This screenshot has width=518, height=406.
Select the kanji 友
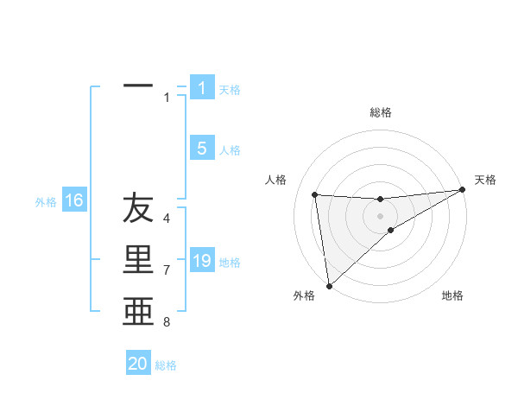point(138,209)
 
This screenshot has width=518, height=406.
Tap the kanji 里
point(138,260)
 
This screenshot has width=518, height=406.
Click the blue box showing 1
point(202,87)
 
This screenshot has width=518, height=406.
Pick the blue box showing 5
point(202,149)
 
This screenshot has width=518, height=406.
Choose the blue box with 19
point(202,260)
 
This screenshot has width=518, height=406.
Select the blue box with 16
point(74,200)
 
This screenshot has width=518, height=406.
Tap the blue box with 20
point(138,364)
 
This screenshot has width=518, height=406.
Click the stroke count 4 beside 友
point(167,219)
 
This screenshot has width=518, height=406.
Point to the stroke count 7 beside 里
point(167,270)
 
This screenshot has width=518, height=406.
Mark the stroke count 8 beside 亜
point(167,322)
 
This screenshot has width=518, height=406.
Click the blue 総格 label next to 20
point(166,365)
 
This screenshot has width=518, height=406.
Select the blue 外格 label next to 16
point(46,202)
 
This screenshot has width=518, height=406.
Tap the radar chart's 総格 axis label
point(380,112)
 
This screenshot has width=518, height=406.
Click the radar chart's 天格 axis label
point(486,180)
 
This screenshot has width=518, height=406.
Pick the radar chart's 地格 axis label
point(452,295)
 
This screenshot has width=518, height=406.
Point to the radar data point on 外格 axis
point(329,285)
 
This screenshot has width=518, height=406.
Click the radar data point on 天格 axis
point(462,190)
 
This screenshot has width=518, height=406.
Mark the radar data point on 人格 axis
point(314,193)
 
